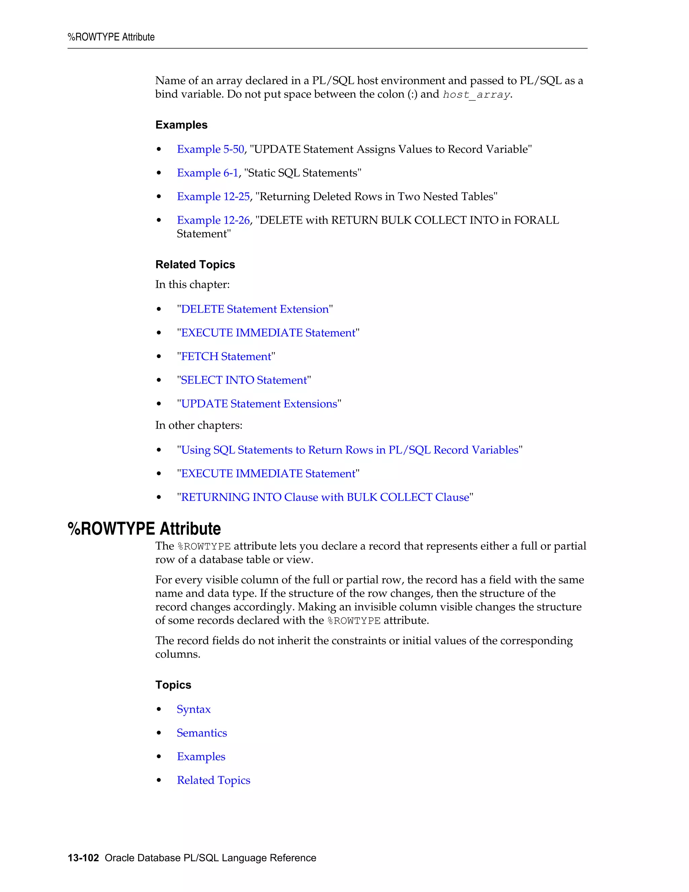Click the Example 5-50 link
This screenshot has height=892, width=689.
[x=210, y=149]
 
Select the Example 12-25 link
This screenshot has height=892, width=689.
[x=213, y=197]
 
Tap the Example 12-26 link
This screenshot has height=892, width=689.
[x=213, y=220]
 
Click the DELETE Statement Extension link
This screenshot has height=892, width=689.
[x=255, y=309]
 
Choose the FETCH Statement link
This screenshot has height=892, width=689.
[x=226, y=356]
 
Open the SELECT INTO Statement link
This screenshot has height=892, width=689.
[x=244, y=380]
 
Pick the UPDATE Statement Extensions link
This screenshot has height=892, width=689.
[x=259, y=404]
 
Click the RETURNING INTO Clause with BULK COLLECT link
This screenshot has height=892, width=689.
[x=325, y=498]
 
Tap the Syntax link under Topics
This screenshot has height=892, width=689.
[x=193, y=710]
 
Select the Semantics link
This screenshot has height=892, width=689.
[x=202, y=733]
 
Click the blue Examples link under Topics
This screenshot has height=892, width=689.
[x=201, y=757]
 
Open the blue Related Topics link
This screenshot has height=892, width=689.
[x=214, y=781]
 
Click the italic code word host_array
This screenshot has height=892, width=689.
[x=476, y=95]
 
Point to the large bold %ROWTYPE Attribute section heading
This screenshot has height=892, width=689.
[x=144, y=529]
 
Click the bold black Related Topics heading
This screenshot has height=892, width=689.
[x=195, y=265]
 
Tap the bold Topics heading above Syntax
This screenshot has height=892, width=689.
[x=173, y=685]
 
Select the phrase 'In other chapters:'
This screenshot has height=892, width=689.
[x=199, y=425]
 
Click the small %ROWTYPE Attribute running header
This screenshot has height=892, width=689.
[x=111, y=37]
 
